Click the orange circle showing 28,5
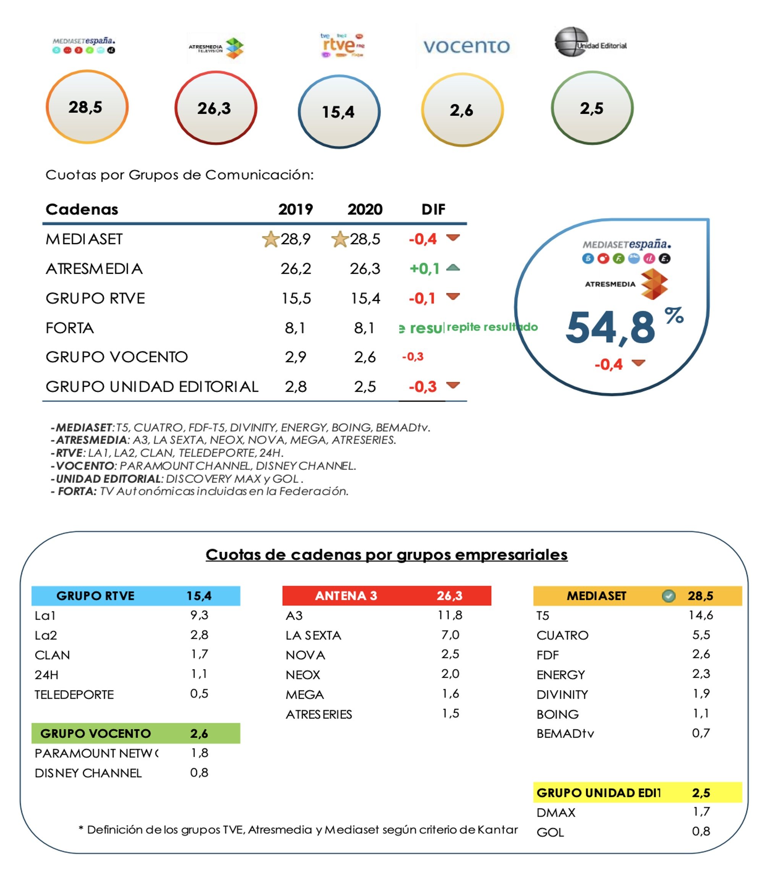point(87,107)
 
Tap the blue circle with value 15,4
point(338,111)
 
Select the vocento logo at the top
point(466,46)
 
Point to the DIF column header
point(433,210)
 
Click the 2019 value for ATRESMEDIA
point(296,269)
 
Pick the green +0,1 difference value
point(424,269)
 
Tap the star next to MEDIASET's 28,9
point(270,239)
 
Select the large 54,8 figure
point(610,328)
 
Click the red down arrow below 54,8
point(638,363)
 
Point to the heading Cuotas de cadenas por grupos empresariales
point(386,555)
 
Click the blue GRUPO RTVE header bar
point(136,596)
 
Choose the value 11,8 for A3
point(450,615)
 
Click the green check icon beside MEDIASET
point(668,596)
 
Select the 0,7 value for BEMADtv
point(701,733)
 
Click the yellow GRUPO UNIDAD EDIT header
point(637,793)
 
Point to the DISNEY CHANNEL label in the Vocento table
point(88,773)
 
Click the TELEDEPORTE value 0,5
point(199,694)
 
